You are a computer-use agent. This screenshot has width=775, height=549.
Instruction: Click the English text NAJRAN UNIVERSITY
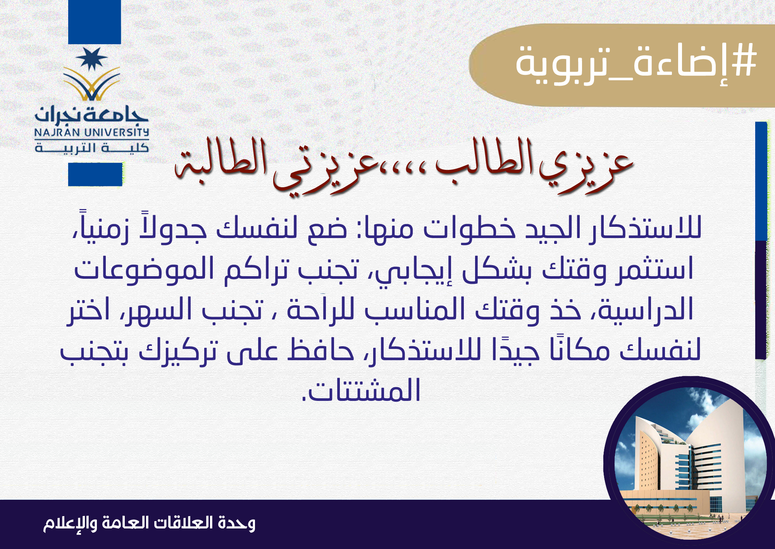coord(92,133)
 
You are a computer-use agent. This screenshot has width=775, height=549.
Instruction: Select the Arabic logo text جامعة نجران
coord(92,113)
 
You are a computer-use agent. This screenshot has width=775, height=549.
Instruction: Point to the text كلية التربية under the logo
coord(92,148)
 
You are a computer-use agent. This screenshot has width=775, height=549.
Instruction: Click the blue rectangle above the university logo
coord(95,22)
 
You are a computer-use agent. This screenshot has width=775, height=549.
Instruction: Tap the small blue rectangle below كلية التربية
coord(95,174)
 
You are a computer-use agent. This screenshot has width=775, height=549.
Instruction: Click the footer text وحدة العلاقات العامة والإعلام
coord(149,523)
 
